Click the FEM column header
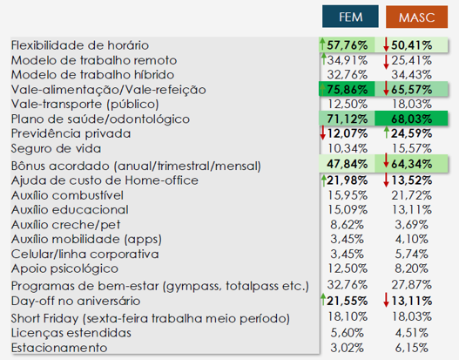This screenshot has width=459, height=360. pyautogui.click(x=350, y=17)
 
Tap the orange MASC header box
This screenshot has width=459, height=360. pyautogui.click(x=416, y=17)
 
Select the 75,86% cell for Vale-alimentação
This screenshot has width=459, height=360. pyautogui.click(x=347, y=89)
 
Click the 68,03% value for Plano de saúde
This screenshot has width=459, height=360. pyautogui.click(x=411, y=119)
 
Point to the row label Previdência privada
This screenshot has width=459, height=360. pyautogui.click(x=71, y=133)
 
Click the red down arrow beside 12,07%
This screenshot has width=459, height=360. pyautogui.click(x=323, y=132)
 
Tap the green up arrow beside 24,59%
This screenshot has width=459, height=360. pyautogui.click(x=387, y=132)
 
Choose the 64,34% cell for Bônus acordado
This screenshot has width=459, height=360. pyautogui.click(x=411, y=164)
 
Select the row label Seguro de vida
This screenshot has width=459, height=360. pyautogui.click(x=56, y=148)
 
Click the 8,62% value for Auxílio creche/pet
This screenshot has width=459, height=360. pyautogui.click(x=347, y=225)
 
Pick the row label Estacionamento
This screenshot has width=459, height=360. pyautogui.click(x=59, y=348)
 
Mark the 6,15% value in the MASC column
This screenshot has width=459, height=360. pyautogui.click(x=411, y=348)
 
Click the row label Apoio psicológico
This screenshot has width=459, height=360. pyautogui.click(x=64, y=268)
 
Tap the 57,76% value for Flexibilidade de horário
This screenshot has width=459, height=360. pyautogui.click(x=348, y=45)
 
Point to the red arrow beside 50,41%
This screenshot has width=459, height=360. pyautogui.click(x=386, y=44)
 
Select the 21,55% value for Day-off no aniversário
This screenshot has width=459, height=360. pyautogui.click(x=348, y=301)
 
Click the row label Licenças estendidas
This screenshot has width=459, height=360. pyautogui.click(x=71, y=333)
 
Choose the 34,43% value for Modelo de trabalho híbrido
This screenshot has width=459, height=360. pyautogui.click(x=411, y=75)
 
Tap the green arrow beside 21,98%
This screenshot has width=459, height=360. pyautogui.click(x=323, y=180)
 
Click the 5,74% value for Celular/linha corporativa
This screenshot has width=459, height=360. pyautogui.click(x=411, y=254)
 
